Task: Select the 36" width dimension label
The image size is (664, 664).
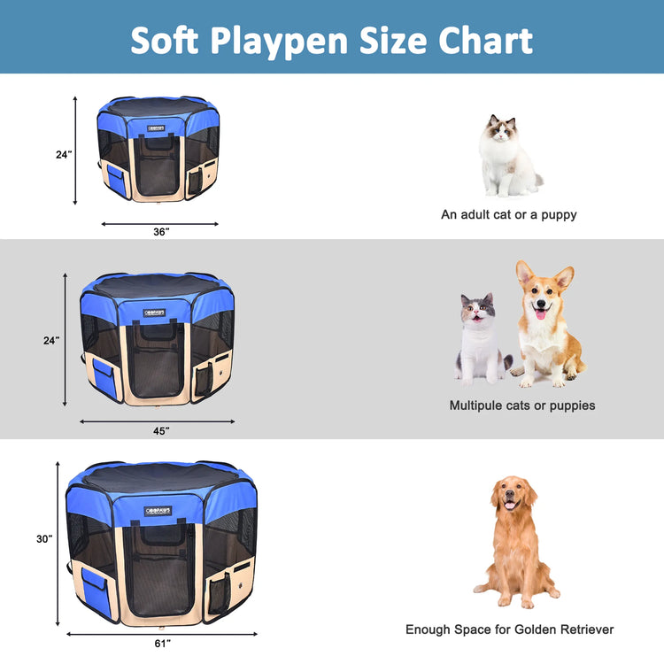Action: point(160,232)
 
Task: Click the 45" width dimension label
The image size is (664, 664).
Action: point(160,430)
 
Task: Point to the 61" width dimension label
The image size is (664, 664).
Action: point(162,643)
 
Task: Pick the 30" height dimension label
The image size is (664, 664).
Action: point(44,538)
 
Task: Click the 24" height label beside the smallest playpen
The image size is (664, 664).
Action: point(63,154)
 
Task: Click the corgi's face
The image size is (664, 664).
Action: point(538,293)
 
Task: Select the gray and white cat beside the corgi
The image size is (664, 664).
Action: point(479,341)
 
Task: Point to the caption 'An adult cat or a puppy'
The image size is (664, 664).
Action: point(509,214)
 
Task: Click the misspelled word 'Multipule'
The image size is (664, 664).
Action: point(482,405)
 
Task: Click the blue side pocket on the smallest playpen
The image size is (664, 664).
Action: point(116,179)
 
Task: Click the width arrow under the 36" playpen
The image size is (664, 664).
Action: point(160,223)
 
